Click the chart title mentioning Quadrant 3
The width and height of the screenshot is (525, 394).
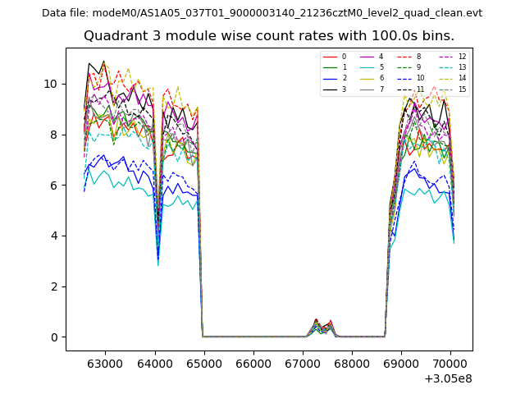coord(269,36)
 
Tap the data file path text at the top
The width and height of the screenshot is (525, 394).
coord(262,13)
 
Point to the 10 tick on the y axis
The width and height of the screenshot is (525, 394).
coord(51,84)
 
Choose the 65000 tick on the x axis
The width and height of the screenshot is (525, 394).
coord(203,363)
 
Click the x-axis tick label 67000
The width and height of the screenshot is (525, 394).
coord(303,363)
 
